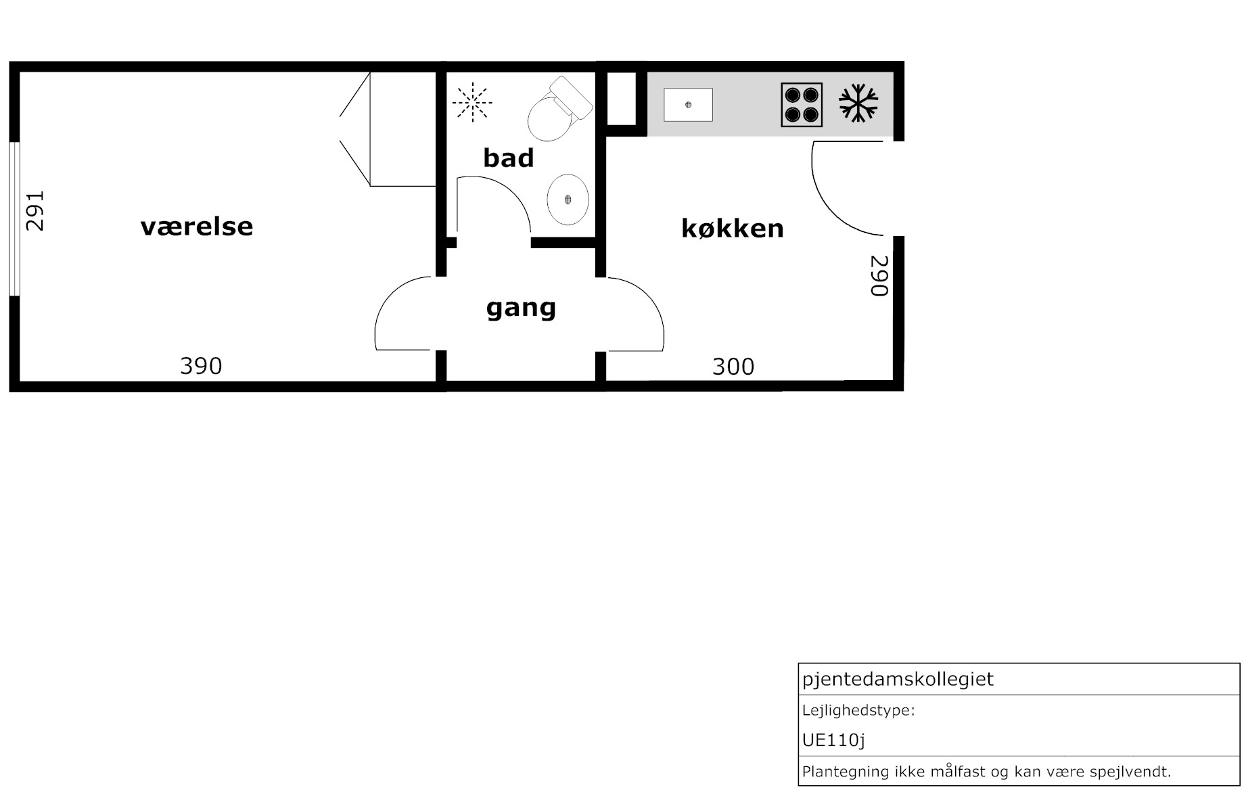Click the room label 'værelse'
click(x=197, y=227)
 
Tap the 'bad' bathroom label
click(x=509, y=158)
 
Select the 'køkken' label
click(x=733, y=229)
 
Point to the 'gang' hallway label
click(x=521, y=308)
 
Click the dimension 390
click(x=201, y=366)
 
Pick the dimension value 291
click(x=34, y=210)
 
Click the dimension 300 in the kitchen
click(x=733, y=367)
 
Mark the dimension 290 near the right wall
click(x=878, y=275)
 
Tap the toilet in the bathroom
click(x=559, y=109)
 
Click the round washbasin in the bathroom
click(x=568, y=200)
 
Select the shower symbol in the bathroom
click(x=472, y=102)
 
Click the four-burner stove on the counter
click(x=802, y=105)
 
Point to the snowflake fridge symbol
click(x=858, y=103)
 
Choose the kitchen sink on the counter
click(x=688, y=105)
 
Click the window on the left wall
click(x=14, y=218)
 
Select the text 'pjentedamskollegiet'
click(x=898, y=679)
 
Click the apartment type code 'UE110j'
click(x=833, y=741)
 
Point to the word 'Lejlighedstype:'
click(x=858, y=711)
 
